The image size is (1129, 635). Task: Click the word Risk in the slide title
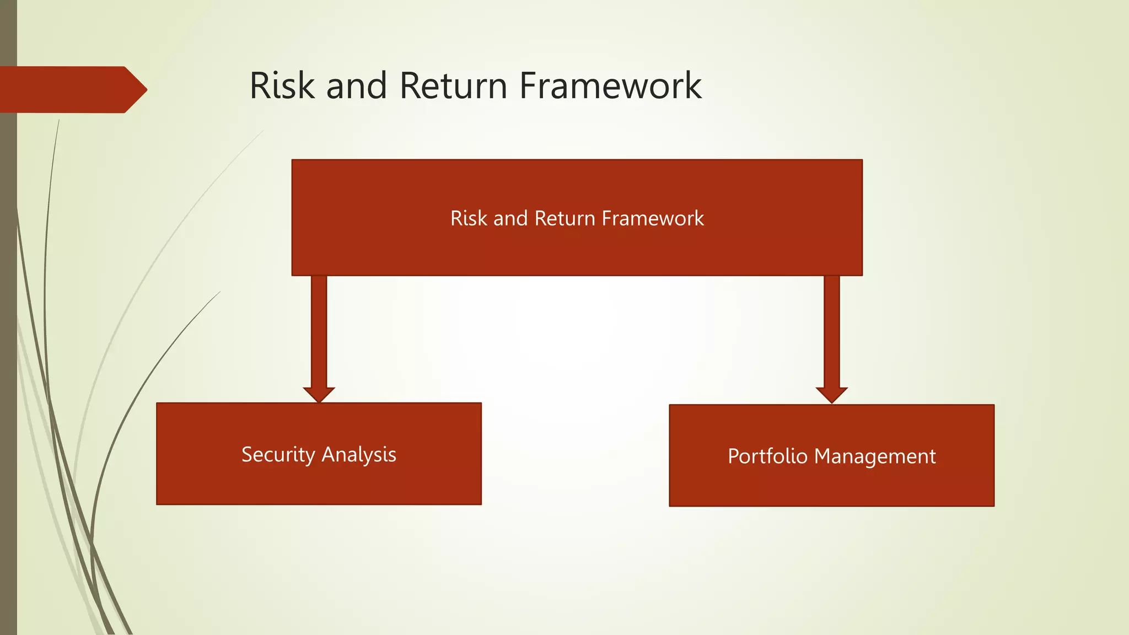pos(282,86)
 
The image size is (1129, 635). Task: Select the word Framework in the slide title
pos(610,86)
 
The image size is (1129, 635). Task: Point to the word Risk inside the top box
pos(469,218)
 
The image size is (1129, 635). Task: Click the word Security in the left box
pos(278,455)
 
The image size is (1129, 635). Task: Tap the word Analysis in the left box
pos(358,455)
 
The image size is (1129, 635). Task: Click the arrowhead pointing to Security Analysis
pos(319,394)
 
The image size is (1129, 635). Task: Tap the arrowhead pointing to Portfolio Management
pos(831,395)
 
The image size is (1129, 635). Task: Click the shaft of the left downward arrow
pos(319,331)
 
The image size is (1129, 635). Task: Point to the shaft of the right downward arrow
pos(831,331)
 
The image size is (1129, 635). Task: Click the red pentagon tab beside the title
pos(66,90)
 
